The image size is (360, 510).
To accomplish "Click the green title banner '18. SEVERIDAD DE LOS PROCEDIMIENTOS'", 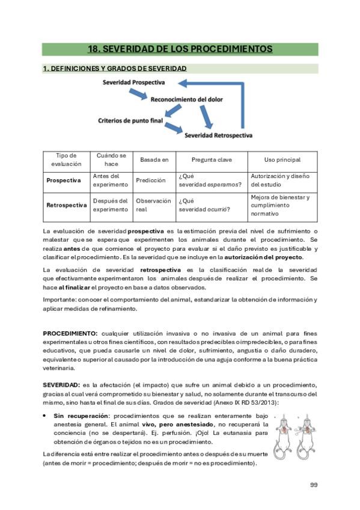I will [x=180, y=49].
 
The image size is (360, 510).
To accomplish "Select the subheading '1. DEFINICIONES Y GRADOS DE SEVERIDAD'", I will [x=114, y=69].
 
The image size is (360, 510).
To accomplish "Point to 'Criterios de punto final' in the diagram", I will [x=130, y=120].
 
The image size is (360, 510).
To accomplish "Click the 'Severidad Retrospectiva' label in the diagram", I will [x=218, y=135].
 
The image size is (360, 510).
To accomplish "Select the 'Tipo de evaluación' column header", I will [x=66, y=160].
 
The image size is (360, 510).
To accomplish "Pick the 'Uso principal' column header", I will [x=282, y=160].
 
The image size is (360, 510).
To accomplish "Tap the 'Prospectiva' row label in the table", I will [x=64, y=180].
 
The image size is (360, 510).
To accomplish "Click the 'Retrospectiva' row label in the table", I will [x=66, y=205].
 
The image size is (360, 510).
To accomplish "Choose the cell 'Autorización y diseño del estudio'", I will [x=280, y=180].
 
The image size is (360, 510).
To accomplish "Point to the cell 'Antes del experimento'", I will [x=111, y=180].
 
